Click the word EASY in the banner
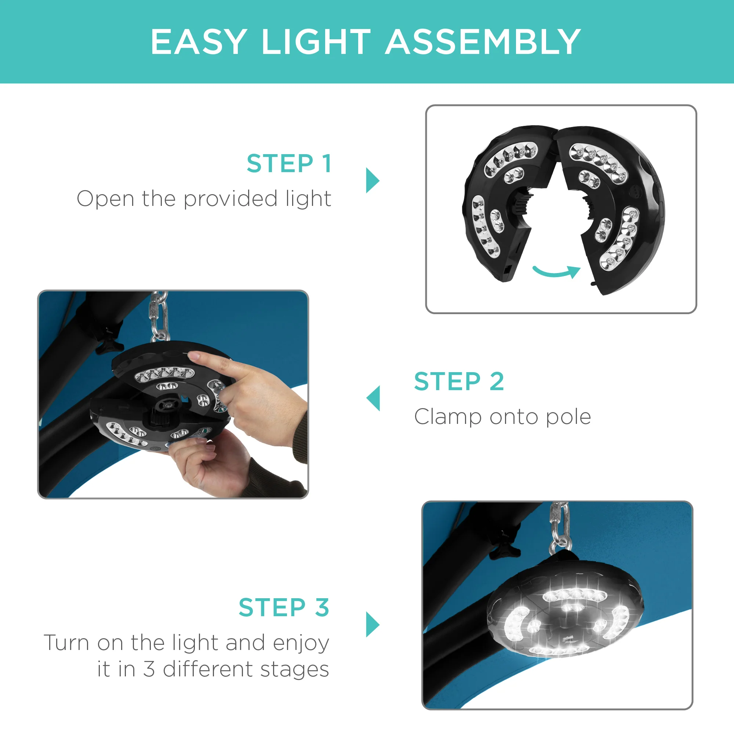(x=199, y=42)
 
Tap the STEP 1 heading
(x=289, y=164)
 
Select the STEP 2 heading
(x=459, y=381)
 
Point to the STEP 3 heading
(x=284, y=607)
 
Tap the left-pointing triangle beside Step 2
(x=374, y=398)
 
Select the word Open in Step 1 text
(x=105, y=199)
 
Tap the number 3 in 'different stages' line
(x=149, y=669)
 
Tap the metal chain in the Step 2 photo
(x=159, y=315)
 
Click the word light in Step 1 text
(x=309, y=199)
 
